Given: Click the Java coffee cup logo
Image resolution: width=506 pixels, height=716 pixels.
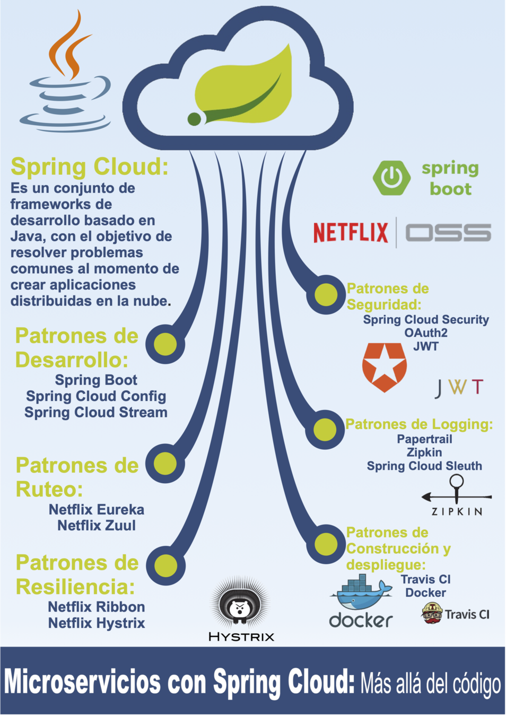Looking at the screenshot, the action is click(66, 80).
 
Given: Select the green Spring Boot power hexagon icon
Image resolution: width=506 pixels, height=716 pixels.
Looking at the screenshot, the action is click(391, 178).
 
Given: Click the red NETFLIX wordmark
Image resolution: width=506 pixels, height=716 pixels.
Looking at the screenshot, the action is click(351, 233).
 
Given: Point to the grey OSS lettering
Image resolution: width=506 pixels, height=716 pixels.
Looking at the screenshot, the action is click(448, 233).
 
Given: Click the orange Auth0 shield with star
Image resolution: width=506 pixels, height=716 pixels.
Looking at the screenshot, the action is click(384, 366).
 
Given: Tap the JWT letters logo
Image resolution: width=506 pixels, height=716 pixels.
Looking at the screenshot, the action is click(459, 387).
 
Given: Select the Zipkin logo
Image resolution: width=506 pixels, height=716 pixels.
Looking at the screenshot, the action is click(457, 496).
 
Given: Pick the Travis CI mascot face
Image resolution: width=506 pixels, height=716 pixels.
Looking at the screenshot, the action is click(432, 614).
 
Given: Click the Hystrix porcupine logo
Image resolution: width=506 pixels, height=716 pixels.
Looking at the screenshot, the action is click(241, 607).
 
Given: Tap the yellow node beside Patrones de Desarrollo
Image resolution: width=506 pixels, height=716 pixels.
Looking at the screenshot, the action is click(165, 344).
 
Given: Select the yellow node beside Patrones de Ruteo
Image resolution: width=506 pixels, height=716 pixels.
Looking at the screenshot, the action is click(165, 464).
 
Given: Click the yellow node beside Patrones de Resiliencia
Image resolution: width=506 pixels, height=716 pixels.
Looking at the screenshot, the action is click(165, 565).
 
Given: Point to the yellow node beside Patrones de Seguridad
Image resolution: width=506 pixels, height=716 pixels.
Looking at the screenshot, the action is click(326, 294).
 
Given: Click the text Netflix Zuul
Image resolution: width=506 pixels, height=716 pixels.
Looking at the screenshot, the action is click(97, 526).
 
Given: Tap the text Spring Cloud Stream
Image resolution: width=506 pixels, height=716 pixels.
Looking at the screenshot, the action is click(96, 413).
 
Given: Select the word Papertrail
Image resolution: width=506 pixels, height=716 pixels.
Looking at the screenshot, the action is click(424, 439).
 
